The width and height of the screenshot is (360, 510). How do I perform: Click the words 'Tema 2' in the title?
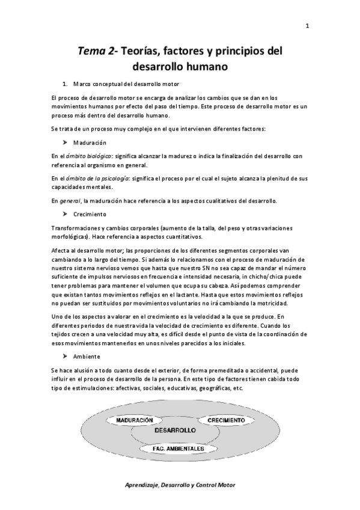pyautogui.click(x=95, y=52)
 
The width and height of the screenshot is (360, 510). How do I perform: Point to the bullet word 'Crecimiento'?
pyautogui.click(x=90, y=214)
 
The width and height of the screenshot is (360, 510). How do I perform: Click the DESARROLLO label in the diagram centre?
pyautogui.click(x=175, y=431)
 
